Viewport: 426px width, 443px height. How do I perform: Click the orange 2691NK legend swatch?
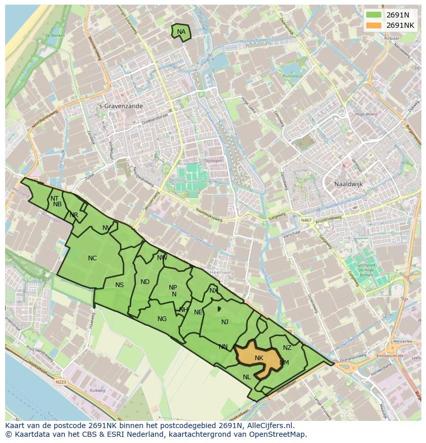(x=375, y=25)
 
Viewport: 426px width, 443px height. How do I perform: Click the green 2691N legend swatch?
(x=375, y=14)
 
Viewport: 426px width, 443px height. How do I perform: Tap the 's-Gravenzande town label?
(x=120, y=106)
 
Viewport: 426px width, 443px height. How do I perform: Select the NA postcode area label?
(x=181, y=32)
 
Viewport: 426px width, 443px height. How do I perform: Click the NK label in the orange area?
(x=259, y=358)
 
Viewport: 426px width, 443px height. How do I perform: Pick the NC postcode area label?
(x=92, y=258)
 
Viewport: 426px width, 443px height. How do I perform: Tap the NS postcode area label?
(x=119, y=285)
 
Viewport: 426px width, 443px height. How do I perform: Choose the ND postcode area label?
(x=145, y=282)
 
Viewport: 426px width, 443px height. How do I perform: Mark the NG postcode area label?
(x=162, y=319)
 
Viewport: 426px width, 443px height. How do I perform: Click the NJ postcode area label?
(x=225, y=322)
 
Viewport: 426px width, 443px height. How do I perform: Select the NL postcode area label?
(x=247, y=377)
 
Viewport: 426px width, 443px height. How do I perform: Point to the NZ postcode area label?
(x=287, y=348)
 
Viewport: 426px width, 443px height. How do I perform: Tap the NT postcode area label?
(x=55, y=198)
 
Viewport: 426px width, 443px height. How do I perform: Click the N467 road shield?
(x=307, y=220)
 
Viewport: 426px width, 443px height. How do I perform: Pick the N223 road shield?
(x=60, y=382)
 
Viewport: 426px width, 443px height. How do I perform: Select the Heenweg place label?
(x=222, y=272)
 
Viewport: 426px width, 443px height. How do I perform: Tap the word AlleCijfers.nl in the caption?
(x=269, y=426)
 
